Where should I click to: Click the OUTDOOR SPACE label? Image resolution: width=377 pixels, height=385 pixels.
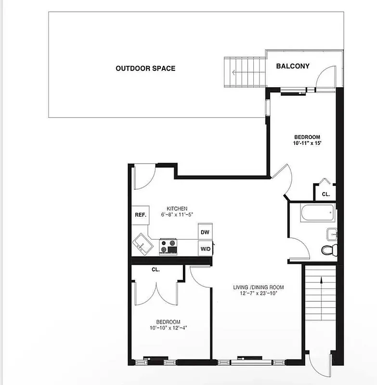tap(145, 68)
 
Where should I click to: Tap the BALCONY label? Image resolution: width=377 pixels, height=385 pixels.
tap(292, 66)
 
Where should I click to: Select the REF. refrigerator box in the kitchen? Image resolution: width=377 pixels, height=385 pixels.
tap(141, 215)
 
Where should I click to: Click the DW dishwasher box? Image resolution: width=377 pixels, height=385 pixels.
tap(205, 232)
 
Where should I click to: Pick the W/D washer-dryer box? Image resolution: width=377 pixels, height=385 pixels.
tap(205, 248)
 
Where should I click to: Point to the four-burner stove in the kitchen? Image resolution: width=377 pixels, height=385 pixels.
tap(169, 246)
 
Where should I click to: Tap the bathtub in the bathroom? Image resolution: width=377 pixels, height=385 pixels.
tap(316, 213)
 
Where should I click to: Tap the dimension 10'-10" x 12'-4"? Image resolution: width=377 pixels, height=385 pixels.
tap(168, 328)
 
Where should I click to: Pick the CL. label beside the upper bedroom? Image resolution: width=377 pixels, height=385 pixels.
tap(325, 194)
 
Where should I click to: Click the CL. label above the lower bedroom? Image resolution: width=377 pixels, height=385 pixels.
tap(156, 270)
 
